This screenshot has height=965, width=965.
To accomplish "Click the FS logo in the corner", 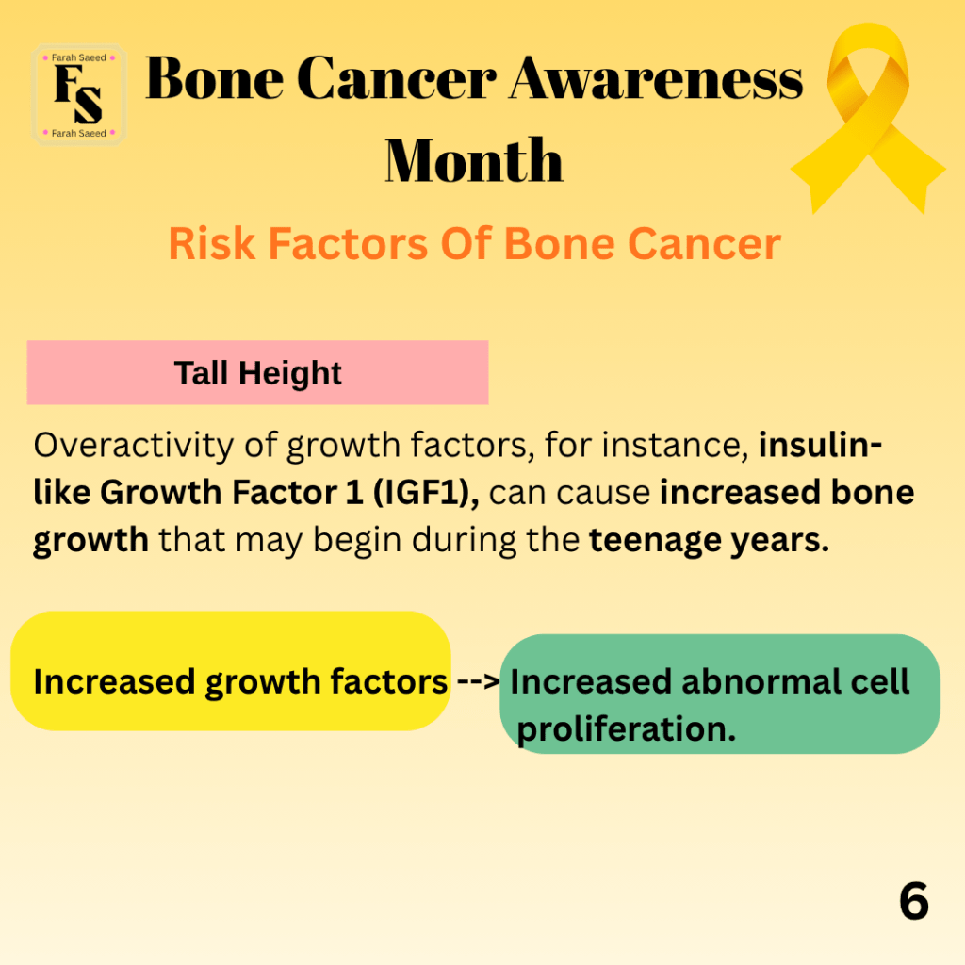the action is click(x=79, y=95).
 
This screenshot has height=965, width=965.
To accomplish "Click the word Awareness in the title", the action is click(x=656, y=79).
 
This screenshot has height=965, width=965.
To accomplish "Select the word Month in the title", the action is click(x=474, y=160).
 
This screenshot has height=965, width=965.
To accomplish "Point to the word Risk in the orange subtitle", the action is click(x=212, y=244).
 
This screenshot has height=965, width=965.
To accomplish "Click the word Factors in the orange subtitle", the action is click(x=349, y=244).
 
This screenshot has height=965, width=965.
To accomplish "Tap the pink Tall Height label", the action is click(x=257, y=372).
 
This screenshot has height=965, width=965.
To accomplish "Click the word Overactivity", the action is click(x=134, y=446).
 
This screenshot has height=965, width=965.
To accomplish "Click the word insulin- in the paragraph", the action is click(x=821, y=445).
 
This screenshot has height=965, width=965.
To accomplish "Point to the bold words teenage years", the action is click(x=709, y=541).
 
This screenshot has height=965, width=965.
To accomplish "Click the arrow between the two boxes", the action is click(x=478, y=681).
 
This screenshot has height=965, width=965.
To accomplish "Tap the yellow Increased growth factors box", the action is click(x=231, y=671).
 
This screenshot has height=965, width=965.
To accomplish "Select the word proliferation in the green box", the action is click(x=626, y=730).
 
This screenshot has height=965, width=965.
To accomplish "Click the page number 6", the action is click(x=914, y=901).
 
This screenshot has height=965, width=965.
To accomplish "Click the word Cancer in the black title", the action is click(x=397, y=79).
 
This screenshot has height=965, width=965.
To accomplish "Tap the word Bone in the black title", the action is click(x=215, y=79).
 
